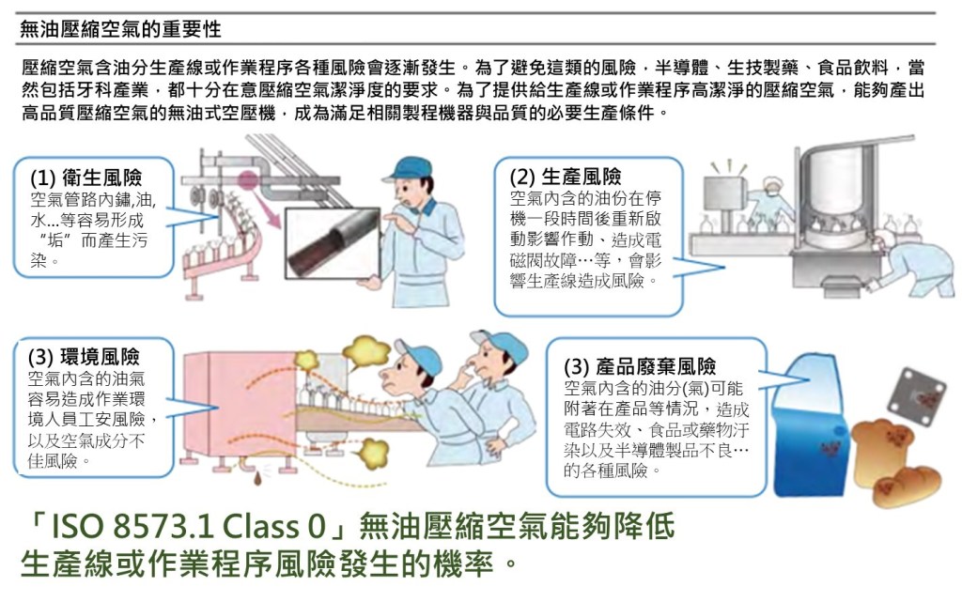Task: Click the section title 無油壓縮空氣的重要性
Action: click(120, 29)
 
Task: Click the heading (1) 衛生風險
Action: click(86, 178)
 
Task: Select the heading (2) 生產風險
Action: click(566, 177)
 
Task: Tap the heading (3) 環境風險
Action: click(84, 357)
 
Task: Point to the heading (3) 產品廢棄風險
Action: click(640, 366)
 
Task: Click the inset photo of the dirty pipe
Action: click(334, 242)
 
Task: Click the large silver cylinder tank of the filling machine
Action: click(835, 184)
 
